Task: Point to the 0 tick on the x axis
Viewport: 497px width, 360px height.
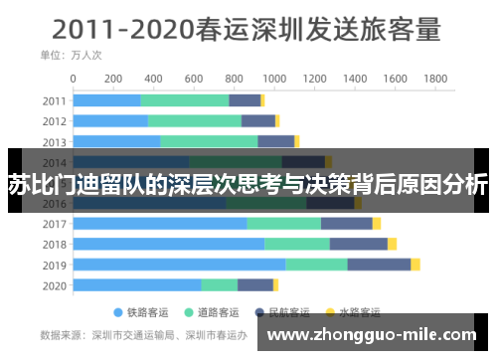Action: [x=75, y=78]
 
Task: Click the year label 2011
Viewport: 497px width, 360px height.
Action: [x=55, y=99]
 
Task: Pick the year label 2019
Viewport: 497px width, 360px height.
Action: [x=55, y=265]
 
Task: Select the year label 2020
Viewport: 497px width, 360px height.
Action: [x=55, y=285]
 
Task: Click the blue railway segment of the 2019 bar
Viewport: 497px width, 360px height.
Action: [x=179, y=265]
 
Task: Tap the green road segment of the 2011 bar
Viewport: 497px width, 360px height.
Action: [x=185, y=99]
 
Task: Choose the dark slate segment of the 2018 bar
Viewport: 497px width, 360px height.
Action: [x=358, y=244]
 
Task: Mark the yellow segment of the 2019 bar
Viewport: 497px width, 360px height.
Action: [x=415, y=265]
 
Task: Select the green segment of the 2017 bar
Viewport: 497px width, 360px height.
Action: [x=283, y=223]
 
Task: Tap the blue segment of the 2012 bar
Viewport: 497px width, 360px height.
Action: [x=111, y=120]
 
